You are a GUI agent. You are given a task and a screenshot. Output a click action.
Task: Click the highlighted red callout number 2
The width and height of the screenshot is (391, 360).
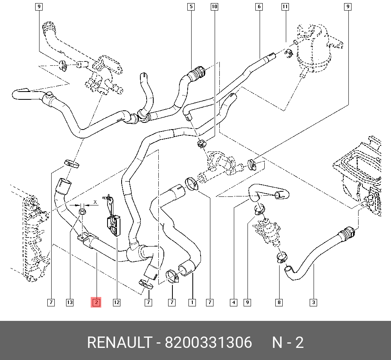(x=96, y=302)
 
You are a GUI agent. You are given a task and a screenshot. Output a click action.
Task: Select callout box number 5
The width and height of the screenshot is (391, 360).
(x=191, y=7)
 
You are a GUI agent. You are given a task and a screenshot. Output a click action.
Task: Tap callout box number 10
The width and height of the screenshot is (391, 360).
(x=214, y=7)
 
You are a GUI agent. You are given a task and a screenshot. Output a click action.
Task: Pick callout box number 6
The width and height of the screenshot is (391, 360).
(x=259, y=7)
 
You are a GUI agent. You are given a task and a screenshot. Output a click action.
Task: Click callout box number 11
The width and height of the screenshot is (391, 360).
(x=285, y=7)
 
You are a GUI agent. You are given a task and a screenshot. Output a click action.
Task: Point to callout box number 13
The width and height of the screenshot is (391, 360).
(x=70, y=302)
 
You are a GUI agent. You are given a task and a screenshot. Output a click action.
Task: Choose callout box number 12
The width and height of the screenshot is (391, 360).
(x=117, y=302)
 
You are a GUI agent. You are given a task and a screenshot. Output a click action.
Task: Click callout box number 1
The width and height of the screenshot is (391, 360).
(x=192, y=302)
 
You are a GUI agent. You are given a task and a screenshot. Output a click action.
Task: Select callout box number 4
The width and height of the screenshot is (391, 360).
(x=233, y=302)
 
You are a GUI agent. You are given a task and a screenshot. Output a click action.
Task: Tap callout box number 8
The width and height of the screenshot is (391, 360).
(x=279, y=302)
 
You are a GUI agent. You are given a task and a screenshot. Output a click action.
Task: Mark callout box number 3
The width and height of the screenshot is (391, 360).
(x=314, y=302)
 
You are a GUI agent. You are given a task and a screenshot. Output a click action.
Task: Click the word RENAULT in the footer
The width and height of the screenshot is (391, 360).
(x=119, y=343)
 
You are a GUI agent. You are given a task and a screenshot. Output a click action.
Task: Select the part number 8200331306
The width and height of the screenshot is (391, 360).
(x=208, y=343)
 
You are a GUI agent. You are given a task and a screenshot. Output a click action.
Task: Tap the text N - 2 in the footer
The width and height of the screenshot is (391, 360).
(x=288, y=343)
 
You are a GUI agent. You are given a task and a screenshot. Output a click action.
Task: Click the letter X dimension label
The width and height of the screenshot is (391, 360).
(x=95, y=202)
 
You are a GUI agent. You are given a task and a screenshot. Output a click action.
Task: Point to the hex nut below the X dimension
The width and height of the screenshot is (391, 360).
(x=83, y=212)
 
